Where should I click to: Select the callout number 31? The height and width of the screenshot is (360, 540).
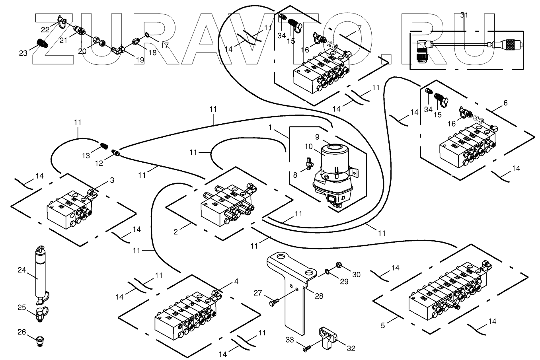[x=464, y=16]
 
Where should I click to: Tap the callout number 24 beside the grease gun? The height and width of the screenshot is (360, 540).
[x=21, y=270]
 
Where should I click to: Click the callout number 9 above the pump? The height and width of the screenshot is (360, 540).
[x=317, y=137]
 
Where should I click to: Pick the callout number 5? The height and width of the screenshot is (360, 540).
[x=383, y=325]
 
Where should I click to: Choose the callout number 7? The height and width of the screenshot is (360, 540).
[x=359, y=28]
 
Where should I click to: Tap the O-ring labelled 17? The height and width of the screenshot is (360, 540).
[x=147, y=35]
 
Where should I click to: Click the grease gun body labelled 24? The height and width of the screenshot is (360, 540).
[x=39, y=274]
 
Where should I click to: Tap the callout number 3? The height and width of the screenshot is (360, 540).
[x=112, y=181]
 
